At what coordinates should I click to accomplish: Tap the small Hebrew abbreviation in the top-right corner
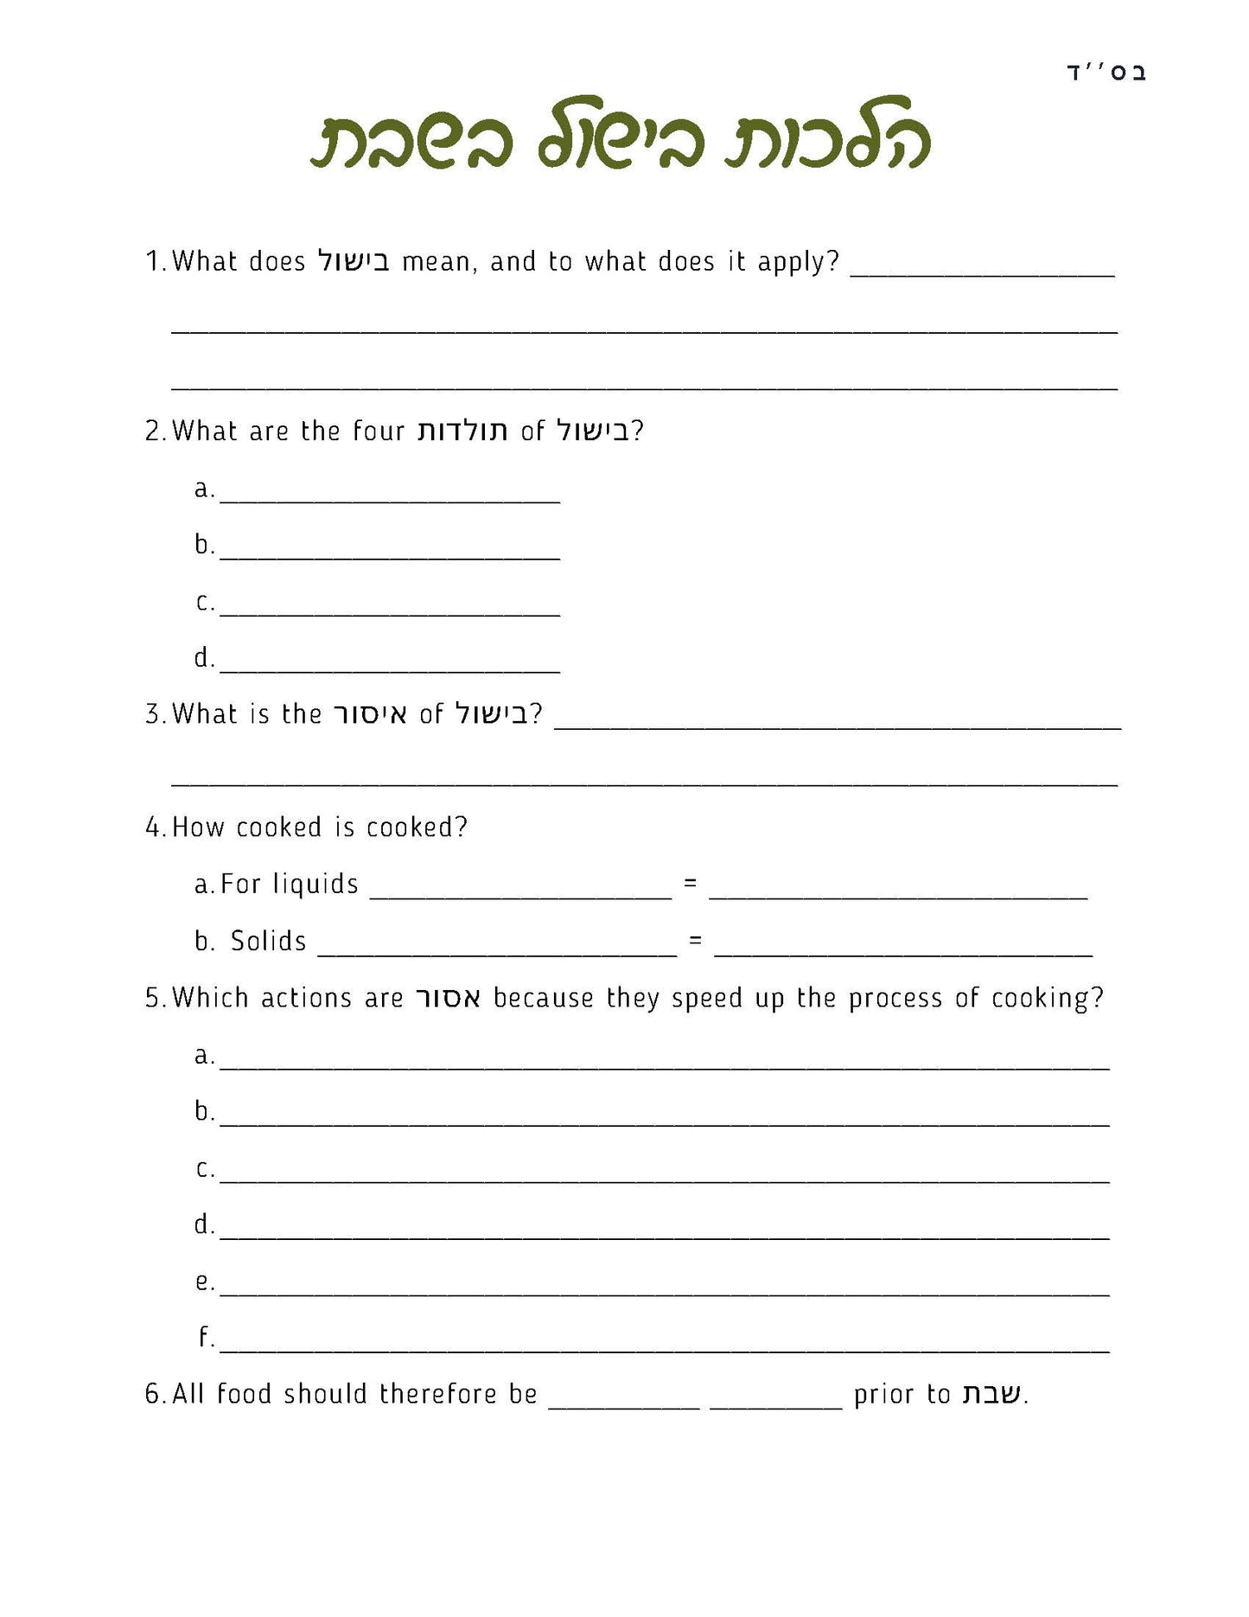coord(1106,73)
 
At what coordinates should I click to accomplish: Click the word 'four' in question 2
coord(379,431)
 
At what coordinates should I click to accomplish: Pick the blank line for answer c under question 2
coord(390,613)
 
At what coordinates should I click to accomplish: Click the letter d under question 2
coord(203,658)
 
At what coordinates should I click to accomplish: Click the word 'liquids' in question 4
coord(315,884)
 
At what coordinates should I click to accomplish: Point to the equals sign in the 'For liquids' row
coord(690,884)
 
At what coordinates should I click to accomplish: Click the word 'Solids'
coord(268,941)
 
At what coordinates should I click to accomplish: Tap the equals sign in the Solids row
coord(695,941)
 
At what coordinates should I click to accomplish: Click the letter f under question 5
coord(205,1337)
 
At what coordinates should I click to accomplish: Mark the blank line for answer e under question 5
coord(664,1293)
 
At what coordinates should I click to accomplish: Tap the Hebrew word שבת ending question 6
coord(991,1394)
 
